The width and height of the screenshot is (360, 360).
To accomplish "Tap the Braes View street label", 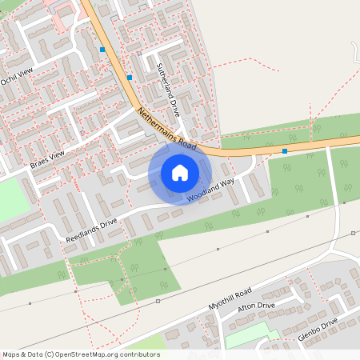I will coord(46,159).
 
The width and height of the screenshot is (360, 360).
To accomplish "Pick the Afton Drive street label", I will coord(256,310).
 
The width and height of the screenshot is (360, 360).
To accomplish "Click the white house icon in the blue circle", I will coord(180,172).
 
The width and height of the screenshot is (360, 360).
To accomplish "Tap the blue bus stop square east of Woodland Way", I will coord(285,150).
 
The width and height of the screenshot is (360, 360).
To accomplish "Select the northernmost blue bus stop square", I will coord(102,50).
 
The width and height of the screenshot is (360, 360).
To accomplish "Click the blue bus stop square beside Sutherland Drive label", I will coord(130,78).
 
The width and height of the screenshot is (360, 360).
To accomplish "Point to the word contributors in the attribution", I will coord(137,354).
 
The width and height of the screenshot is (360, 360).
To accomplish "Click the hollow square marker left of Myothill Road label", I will coord(158,301).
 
